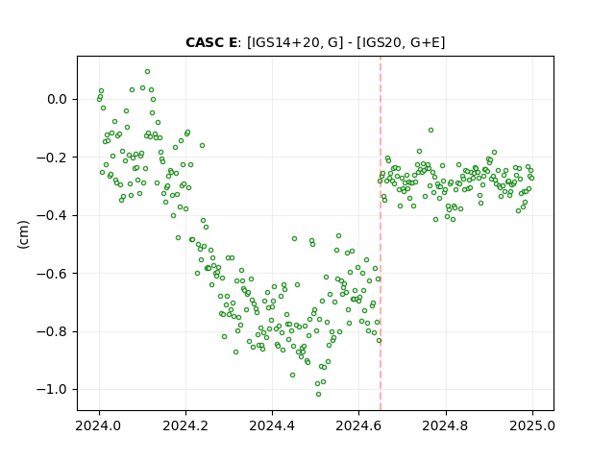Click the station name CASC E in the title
click(211, 42)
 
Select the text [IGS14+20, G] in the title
click(292, 42)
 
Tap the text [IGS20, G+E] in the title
click(401, 42)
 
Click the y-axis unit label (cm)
click(23, 234)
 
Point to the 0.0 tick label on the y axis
click(57, 99)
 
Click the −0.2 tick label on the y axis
click(52, 158)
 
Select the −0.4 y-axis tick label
click(52, 215)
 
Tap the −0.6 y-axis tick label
click(52, 273)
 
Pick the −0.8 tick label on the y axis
click(52, 331)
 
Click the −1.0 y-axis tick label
click(52, 389)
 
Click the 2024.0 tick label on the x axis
click(98, 425)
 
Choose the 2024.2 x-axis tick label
click(185, 425)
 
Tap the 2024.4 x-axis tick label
click(272, 425)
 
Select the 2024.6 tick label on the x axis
click(358, 425)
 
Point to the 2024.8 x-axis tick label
click(445, 425)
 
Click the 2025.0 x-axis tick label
click(532, 425)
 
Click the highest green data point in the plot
click(147, 72)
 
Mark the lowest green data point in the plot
click(318, 395)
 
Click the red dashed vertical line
click(381, 233)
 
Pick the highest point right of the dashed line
click(430, 131)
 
